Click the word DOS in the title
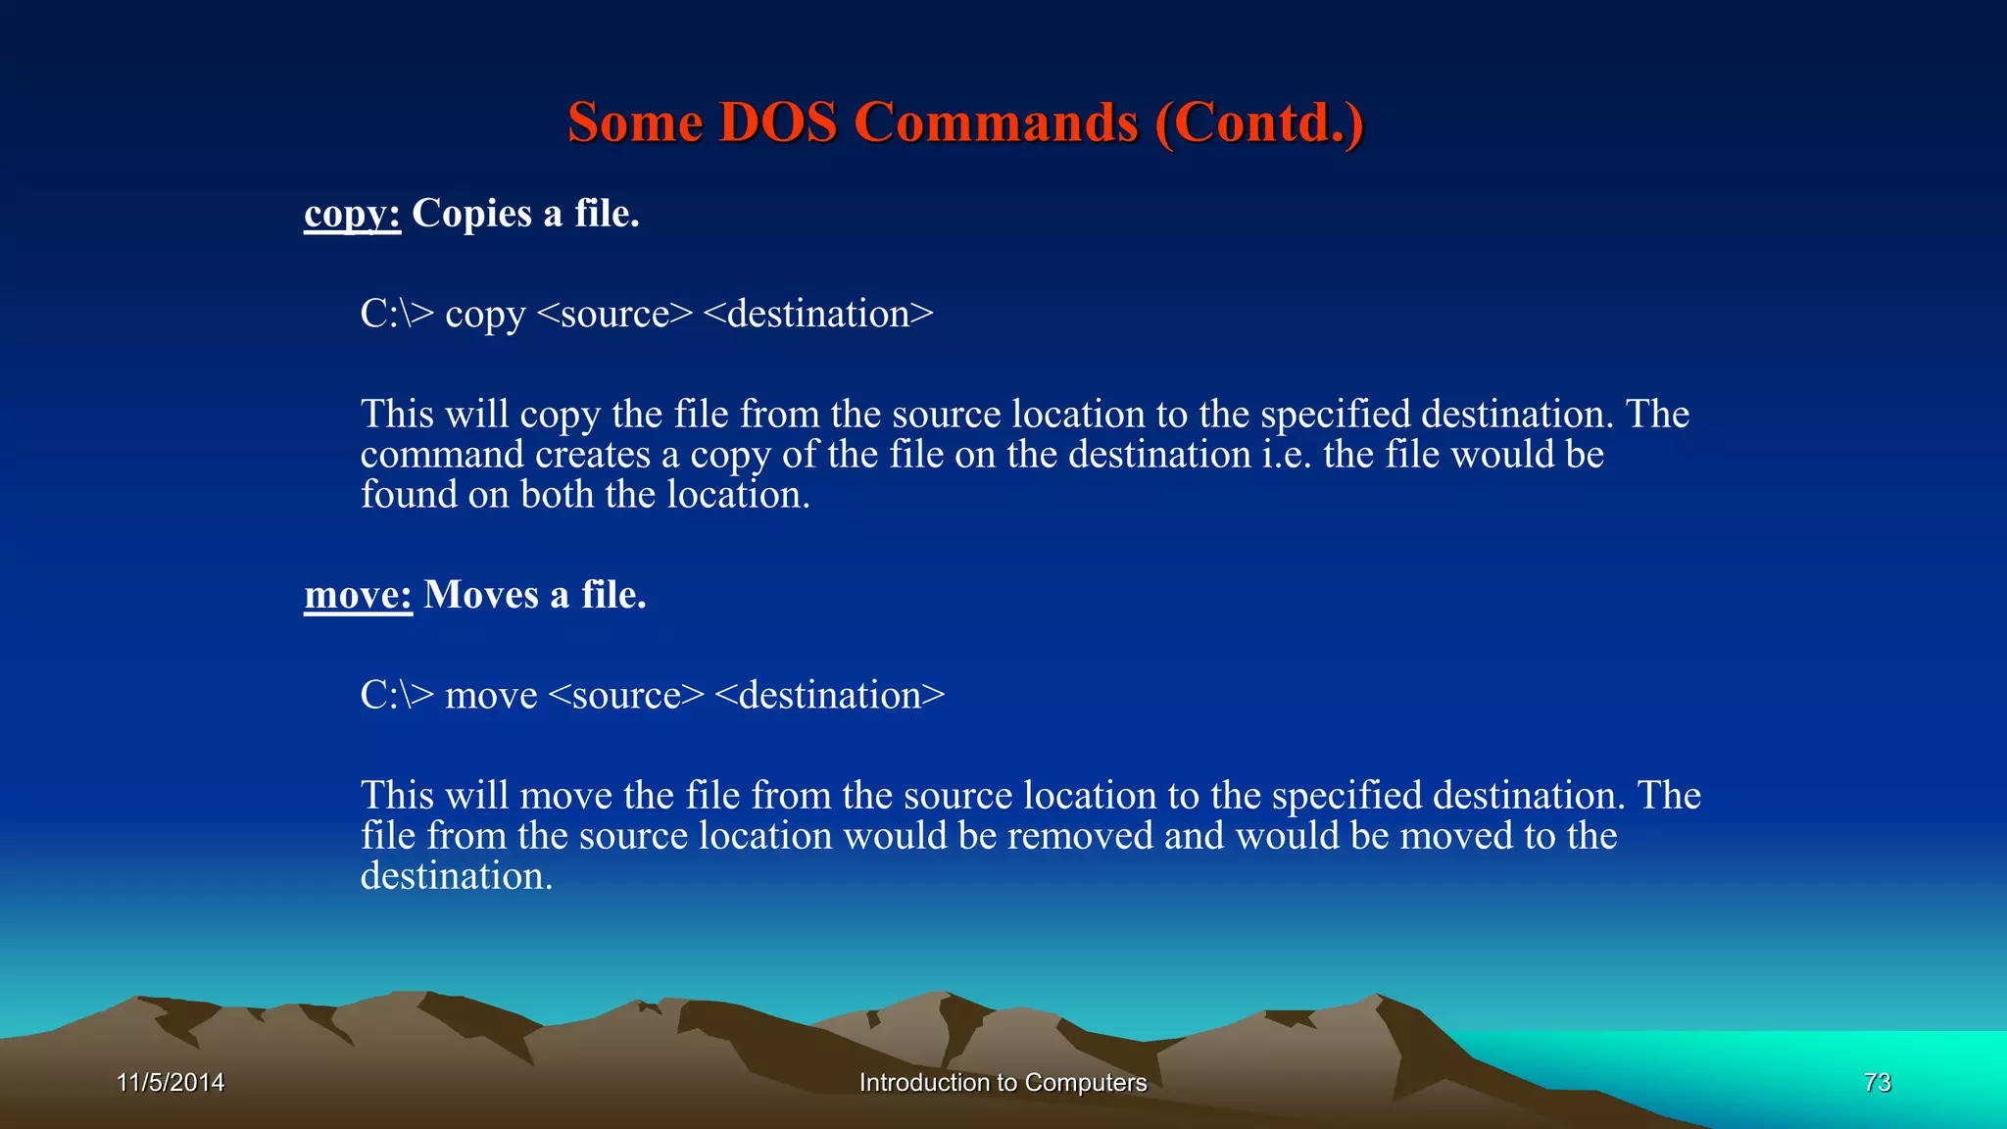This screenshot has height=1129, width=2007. [x=777, y=123]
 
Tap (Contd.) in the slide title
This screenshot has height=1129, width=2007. [x=1259, y=123]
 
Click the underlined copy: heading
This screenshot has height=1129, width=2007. [x=353, y=214]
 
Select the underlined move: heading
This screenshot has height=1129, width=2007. [x=358, y=595]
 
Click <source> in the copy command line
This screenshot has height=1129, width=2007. [x=615, y=315]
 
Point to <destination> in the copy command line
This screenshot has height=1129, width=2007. [x=818, y=315]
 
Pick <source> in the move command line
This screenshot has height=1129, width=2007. [x=626, y=696]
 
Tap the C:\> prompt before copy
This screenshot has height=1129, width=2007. [x=397, y=315]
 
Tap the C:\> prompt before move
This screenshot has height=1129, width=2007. [x=397, y=696]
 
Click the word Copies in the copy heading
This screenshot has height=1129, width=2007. [x=471, y=214]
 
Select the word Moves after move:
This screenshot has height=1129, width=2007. [x=481, y=595]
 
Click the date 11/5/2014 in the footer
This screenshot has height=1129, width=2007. [x=171, y=1082]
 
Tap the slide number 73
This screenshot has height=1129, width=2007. [x=1877, y=1082]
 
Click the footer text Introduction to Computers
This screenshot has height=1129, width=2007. [x=1003, y=1082]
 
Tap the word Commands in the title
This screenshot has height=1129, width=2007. [x=996, y=123]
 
